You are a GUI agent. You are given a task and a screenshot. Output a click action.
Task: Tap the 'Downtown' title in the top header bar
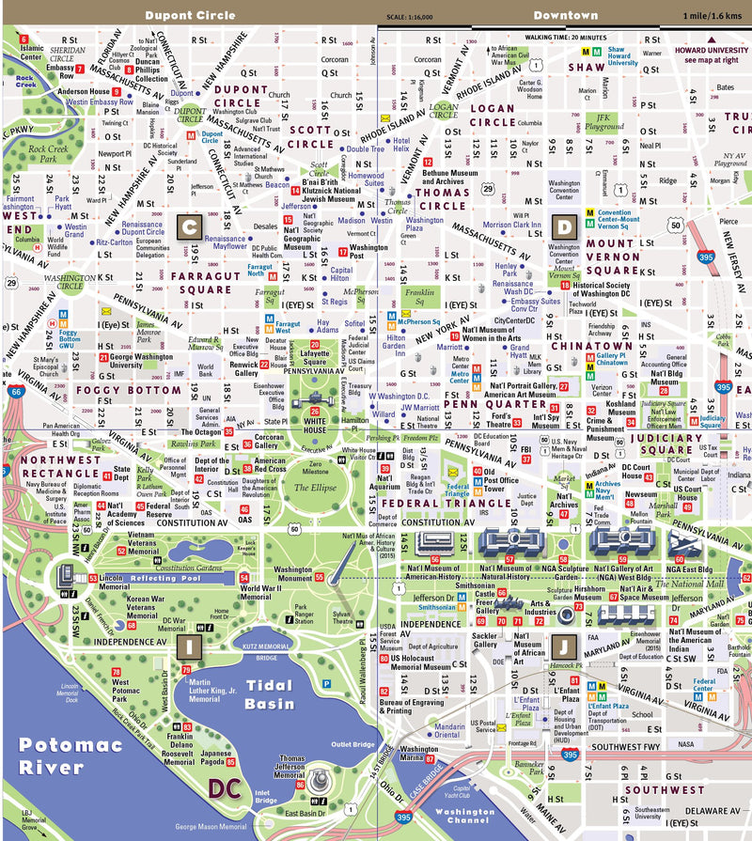click(x=565, y=15)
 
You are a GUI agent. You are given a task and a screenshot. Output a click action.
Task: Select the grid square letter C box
click(x=189, y=226)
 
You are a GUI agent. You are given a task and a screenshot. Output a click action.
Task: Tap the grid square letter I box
click(x=188, y=646)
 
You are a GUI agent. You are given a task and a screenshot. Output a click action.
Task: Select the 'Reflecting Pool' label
click(x=165, y=579)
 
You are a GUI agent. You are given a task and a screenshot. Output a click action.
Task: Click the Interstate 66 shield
click(x=16, y=395)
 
